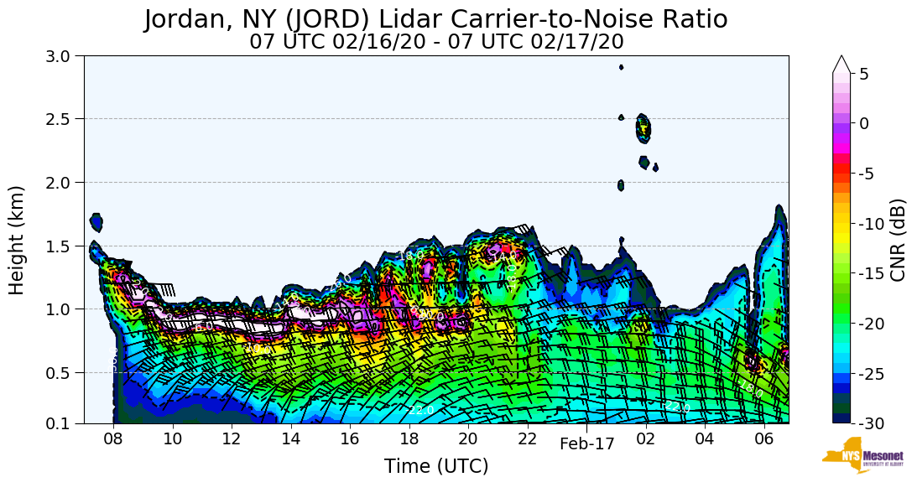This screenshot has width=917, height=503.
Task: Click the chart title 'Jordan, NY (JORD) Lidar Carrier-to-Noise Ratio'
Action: point(435,19)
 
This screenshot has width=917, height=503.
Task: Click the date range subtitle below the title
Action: point(436,41)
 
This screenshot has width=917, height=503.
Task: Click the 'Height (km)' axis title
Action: point(18,240)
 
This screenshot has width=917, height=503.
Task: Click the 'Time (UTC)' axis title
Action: point(436,467)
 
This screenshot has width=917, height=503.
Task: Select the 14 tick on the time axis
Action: point(290,438)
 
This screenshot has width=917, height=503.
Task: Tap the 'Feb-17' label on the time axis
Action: point(587,445)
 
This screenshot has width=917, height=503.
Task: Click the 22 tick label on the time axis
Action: point(527,438)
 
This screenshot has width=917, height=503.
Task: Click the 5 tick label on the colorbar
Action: point(864,74)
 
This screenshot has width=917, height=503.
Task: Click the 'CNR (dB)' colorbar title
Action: point(898,240)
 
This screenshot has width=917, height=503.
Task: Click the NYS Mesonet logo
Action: point(862,455)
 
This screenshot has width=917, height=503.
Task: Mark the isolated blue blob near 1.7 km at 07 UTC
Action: point(96,222)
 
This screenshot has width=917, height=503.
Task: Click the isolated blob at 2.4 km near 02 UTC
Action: point(643,128)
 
